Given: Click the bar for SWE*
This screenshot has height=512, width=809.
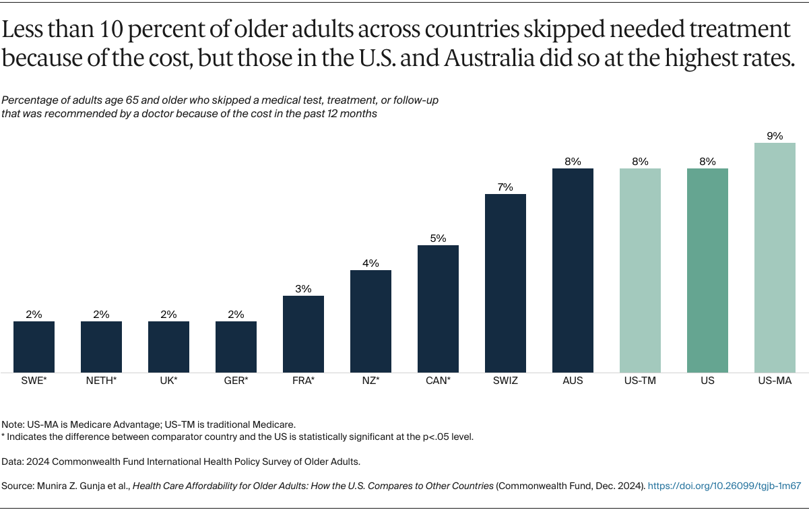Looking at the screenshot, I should [x=34, y=346].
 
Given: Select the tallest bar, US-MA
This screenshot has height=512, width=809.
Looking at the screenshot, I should [x=775, y=257].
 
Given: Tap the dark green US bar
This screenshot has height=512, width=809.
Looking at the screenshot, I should [x=707, y=269].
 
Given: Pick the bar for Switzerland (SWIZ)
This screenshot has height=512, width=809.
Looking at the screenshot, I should [x=505, y=282].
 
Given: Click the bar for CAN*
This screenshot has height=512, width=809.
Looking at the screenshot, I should [x=438, y=308].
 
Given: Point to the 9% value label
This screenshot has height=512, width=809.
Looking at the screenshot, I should [x=775, y=136].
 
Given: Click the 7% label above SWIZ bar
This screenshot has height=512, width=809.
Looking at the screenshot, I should [x=505, y=187].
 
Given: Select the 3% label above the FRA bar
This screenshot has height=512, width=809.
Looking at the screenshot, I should [x=303, y=289].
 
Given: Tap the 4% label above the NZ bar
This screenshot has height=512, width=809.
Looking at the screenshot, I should [x=370, y=263].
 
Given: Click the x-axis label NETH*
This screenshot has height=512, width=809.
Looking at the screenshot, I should [x=101, y=381].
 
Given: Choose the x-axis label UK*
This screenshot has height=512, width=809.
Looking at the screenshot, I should [x=168, y=381].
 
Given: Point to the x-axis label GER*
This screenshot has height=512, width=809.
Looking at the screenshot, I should [x=236, y=381].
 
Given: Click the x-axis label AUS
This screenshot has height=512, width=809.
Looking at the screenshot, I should [x=573, y=381].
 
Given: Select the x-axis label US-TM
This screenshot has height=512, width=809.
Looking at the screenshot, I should [x=640, y=381].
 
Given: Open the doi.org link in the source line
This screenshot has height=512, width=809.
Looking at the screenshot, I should [x=724, y=485].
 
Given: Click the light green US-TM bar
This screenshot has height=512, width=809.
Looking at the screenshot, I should [x=640, y=269].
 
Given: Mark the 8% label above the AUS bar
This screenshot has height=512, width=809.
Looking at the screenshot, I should [x=573, y=162].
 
